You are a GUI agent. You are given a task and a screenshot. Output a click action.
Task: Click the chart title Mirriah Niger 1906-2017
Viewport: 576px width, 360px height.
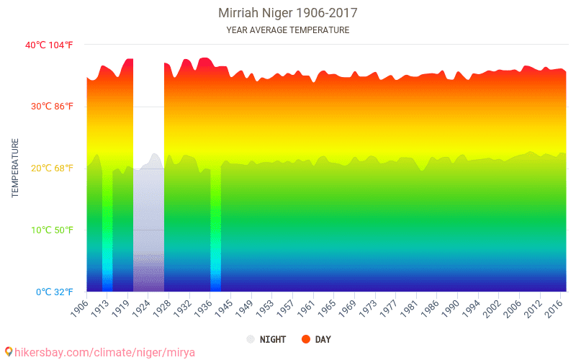click(x=287, y=13)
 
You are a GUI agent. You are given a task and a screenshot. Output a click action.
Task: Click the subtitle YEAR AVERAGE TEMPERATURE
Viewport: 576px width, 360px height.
click(x=287, y=30)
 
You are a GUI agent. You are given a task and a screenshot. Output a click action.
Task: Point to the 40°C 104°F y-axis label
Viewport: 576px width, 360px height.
click(x=49, y=45)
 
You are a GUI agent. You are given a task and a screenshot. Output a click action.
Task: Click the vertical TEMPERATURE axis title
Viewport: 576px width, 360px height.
click(x=15, y=168)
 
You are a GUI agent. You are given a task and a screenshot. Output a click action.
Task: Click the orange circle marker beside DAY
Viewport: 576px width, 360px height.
click(x=306, y=339)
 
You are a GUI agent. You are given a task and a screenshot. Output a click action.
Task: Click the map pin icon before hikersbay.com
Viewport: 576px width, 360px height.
click(x=9, y=352)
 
